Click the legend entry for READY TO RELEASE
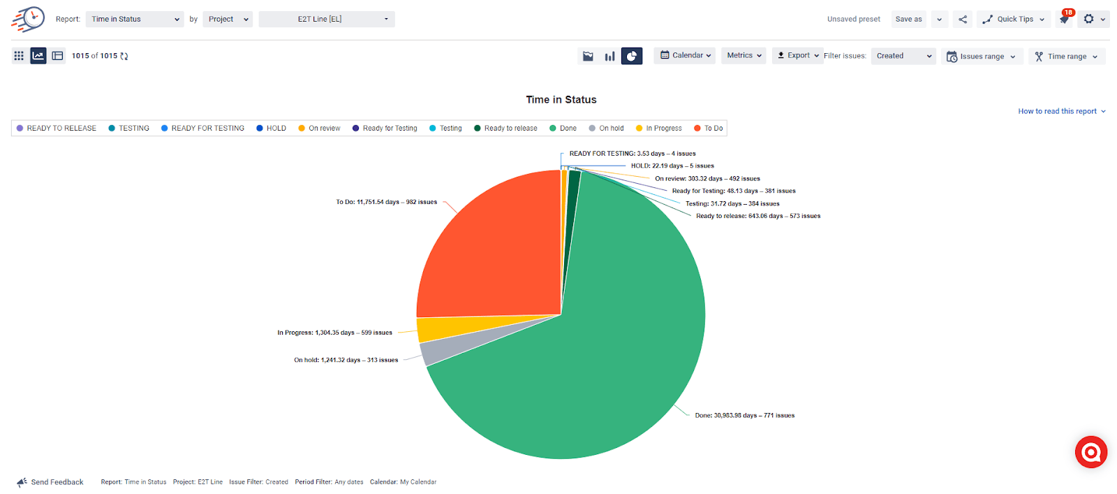[57, 129]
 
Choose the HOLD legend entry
[272, 129]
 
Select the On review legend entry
[320, 129]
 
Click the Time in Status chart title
[561, 100]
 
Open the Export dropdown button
[798, 56]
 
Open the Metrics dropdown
[744, 56]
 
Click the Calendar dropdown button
[685, 56]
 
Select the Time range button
[1066, 57]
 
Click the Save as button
[908, 20]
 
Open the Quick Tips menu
[1014, 20]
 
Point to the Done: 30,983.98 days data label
[744, 416]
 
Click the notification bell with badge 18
[1065, 19]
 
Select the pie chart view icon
[632, 56]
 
